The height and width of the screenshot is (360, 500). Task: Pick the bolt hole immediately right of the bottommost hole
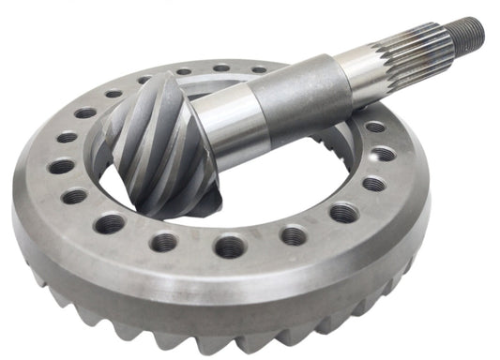click(x=294, y=236)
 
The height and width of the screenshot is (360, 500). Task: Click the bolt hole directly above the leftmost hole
click(x=67, y=138)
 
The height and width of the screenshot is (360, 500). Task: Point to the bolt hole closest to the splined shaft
click(x=375, y=127)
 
